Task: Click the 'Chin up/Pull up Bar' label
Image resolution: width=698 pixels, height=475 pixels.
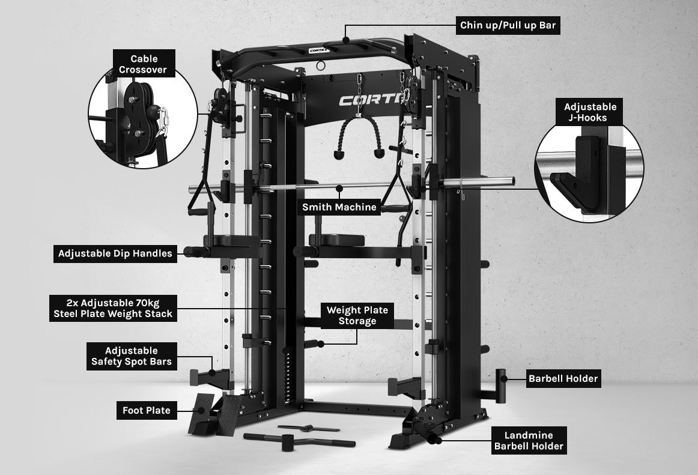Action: (508, 25)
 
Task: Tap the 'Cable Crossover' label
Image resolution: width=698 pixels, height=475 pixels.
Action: (144, 64)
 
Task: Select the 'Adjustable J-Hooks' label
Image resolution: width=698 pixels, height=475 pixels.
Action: (590, 112)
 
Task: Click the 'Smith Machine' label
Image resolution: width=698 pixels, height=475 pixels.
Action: (339, 207)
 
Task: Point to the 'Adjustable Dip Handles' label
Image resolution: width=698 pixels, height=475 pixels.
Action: (115, 253)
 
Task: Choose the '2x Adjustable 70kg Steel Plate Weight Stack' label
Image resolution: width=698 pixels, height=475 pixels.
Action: (113, 308)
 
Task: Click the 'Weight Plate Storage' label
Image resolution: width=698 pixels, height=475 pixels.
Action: (357, 316)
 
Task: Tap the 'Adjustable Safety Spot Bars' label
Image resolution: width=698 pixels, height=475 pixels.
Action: (132, 356)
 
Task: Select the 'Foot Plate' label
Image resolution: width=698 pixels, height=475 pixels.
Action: (147, 411)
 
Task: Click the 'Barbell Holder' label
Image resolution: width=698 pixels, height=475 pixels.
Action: (563, 378)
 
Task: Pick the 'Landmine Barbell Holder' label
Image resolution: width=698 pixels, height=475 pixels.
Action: (529, 441)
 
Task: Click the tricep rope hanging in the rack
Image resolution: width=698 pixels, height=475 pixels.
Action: (359, 136)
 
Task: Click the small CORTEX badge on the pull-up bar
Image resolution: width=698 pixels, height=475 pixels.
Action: (319, 50)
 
